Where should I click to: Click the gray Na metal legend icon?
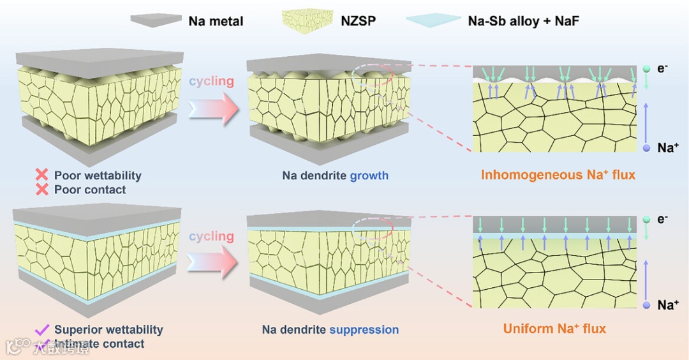(156, 20)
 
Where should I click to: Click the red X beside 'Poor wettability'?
(42, 175)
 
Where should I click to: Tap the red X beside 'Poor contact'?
(42, 190)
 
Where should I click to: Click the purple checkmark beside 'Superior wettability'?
(42, 329)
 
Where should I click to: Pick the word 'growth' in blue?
(369, 175)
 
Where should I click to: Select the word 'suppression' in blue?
(364, 330)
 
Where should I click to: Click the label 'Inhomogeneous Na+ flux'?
(558, 175)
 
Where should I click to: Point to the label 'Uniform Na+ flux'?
(554, 329)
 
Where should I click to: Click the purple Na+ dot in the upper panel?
(646, 148)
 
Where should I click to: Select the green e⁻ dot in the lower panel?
(646, 220)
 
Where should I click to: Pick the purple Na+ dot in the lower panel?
(646, 306)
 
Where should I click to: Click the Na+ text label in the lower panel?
(667, 305)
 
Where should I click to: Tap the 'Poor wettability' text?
(98, 175)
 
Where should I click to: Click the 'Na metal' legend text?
(216, 22)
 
